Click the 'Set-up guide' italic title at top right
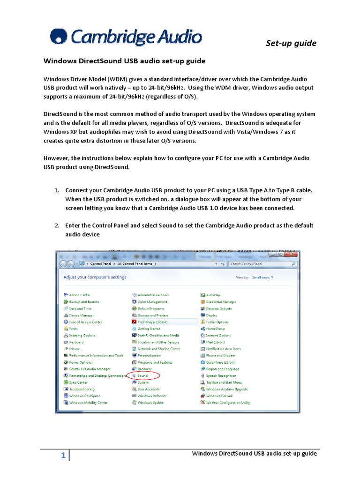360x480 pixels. [291, 43]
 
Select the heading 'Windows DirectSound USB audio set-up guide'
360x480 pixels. [124, 61]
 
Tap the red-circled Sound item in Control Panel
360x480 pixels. [142, 375]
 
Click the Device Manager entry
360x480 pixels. [81, 315]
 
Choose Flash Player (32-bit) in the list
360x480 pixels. [152, 322]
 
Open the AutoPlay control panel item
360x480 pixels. [213, 295]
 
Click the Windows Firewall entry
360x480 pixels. [219, 396]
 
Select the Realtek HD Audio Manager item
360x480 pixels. [90, 369]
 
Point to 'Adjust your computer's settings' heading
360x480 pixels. [95, 277]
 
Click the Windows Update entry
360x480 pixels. [150, 402]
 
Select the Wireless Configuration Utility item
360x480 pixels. [228, 402]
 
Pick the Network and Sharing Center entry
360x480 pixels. [158, 349]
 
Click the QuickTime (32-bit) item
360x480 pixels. [220, 362]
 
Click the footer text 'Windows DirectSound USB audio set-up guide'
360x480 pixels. [255, 453]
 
